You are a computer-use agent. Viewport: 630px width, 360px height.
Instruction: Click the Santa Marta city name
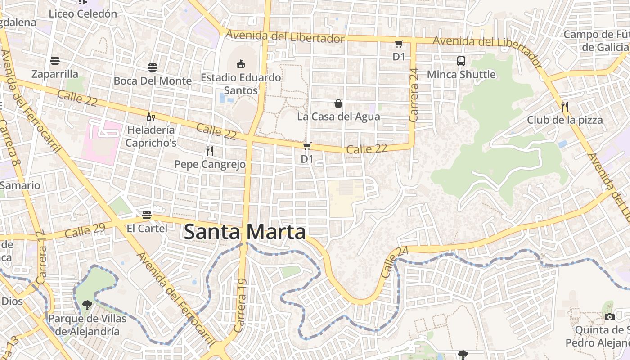pyautogui.click(x=245, y=232)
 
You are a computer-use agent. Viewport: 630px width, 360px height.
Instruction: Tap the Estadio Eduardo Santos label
pyautogui.click(x=241, y=84)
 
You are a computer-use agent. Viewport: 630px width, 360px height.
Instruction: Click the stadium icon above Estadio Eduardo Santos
pyautogui.click(x=241, y=64)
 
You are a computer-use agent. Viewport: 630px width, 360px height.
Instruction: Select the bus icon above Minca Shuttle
pyautogui.click(x=461, y=61)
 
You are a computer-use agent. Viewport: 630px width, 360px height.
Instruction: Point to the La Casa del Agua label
pyautogui.click(x=338, y=117)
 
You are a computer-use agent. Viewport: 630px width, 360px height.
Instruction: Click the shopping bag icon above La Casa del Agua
pyautogui.click(x=338, y=104)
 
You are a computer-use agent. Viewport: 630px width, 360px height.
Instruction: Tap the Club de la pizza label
pyautogui.click(x=565, y=120)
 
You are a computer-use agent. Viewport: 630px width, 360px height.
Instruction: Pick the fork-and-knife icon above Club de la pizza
pyautogui.click(x=565, y=107)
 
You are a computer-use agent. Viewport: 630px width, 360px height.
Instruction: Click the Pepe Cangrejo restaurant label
pyautogui.click(x=210, y=164)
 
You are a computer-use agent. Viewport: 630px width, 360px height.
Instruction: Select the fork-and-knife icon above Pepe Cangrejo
pyautogui.click(x=209, y=151)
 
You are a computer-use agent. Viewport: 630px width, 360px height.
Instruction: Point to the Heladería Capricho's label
pyautogui.click(x=151, y=136)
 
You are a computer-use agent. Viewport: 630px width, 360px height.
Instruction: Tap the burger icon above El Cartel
pyautogui.click(x=147, y=215)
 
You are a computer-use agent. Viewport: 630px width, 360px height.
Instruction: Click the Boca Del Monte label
pyautogui.click(x=153, y=81)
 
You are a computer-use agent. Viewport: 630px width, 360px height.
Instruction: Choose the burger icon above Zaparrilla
pyautogui.click(x=55, y=61)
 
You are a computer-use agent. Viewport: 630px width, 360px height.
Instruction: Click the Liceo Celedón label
pyautogui.click(x=83, y=13)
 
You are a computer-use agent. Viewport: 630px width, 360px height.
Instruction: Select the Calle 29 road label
pyautogui.click(x=85, y=230)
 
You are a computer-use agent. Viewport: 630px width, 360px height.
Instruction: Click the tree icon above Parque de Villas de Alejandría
pyautogui.click(x=87, y=306)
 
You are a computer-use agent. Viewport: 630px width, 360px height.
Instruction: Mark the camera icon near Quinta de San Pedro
pyautogui.click(x=609, y=317)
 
